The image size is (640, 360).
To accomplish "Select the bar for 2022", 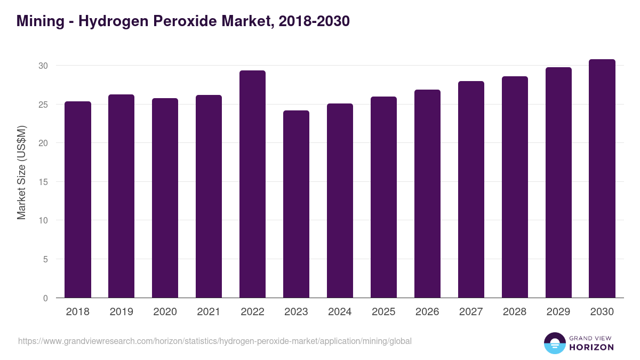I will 252,184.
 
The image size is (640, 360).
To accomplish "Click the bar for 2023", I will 296,204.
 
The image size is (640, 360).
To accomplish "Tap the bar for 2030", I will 602,179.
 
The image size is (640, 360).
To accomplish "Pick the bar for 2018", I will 78,199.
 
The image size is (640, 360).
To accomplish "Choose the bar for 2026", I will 427,194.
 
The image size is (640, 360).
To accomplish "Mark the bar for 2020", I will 165,198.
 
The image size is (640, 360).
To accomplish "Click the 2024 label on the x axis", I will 340,312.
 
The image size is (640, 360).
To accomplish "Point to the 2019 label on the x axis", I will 121,312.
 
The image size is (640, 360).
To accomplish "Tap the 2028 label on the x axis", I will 515,312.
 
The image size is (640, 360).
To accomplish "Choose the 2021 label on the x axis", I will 209,312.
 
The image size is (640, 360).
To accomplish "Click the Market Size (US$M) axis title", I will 21,172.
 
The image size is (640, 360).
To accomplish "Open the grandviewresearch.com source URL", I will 215,341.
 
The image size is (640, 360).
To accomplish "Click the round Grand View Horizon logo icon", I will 555,343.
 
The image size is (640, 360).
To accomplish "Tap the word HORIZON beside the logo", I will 591,347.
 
